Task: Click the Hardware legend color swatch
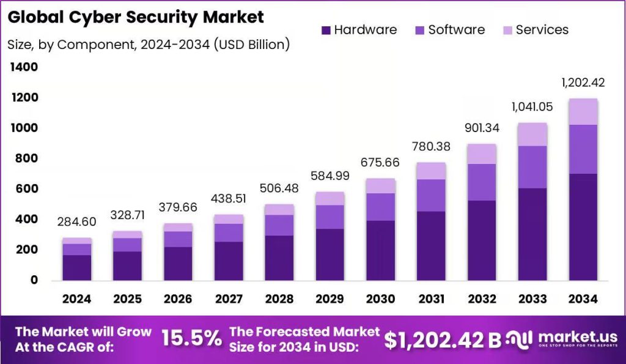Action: coord(326,30)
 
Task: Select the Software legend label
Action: coord(456,29)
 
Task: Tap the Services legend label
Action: coord(542,29)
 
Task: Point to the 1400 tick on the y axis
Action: coord(24,67)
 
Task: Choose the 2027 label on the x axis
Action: coord(229,299)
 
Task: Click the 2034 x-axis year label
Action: coord(583,299)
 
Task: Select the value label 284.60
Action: coord(76,221)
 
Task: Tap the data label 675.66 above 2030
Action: coord(380,162)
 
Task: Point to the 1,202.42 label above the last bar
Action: coord(583,83)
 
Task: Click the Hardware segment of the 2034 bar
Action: coord(583,227)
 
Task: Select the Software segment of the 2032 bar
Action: coord(482,182)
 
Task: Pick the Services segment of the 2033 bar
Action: coord(532,135)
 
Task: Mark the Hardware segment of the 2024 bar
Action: coord(76,268)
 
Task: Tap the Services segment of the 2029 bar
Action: coord(330,199)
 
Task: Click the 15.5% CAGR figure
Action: coord(191,339)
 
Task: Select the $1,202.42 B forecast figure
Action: coord(443,340)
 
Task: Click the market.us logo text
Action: coord(578,337)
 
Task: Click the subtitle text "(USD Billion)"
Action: coord(252,45)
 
